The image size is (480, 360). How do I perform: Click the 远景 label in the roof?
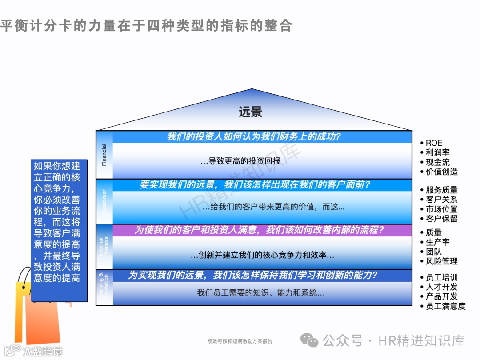(250, 112)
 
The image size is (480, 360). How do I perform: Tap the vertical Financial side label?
(104, 155)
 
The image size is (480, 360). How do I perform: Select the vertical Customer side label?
(104, 201)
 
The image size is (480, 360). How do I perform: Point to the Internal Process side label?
(104, 247)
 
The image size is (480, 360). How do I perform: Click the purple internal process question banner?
(259, 230)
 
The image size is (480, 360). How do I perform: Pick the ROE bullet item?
(434, 143)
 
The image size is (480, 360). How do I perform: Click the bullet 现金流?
(437, 162)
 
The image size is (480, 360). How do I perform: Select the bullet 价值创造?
(441, 172)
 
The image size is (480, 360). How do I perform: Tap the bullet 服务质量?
(441, 190)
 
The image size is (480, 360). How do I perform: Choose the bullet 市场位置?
(441, 209)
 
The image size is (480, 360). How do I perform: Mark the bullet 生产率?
(437, 242)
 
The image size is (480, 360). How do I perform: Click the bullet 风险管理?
(441, 261)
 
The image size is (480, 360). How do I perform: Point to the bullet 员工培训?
(441, 277)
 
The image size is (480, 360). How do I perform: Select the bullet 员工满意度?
(445, 306)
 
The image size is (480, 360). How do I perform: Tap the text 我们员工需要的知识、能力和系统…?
(261, 293)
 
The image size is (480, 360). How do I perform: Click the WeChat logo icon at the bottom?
(309, 340)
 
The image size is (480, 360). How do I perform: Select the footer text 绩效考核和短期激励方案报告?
(240, 341)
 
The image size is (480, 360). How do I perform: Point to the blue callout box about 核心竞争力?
(57, 222)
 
